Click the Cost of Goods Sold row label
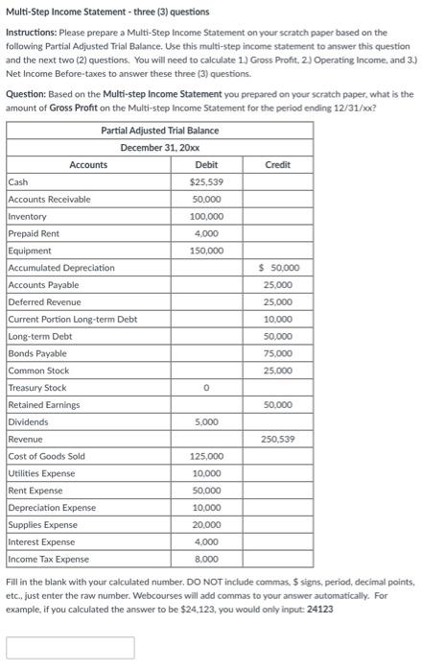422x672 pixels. pyautogui.click(x=46, y=456)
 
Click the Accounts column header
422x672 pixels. pyautogui.click(x=88, y=164)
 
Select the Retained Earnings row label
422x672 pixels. pyautogui.click(x=44, y=405)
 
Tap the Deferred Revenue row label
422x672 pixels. pyautogui.click(x=44, y=301)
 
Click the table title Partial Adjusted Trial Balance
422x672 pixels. pyautogui.click(x=159, y=131)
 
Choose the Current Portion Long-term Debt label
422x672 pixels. pyautogui.click(x=72, y=319)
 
